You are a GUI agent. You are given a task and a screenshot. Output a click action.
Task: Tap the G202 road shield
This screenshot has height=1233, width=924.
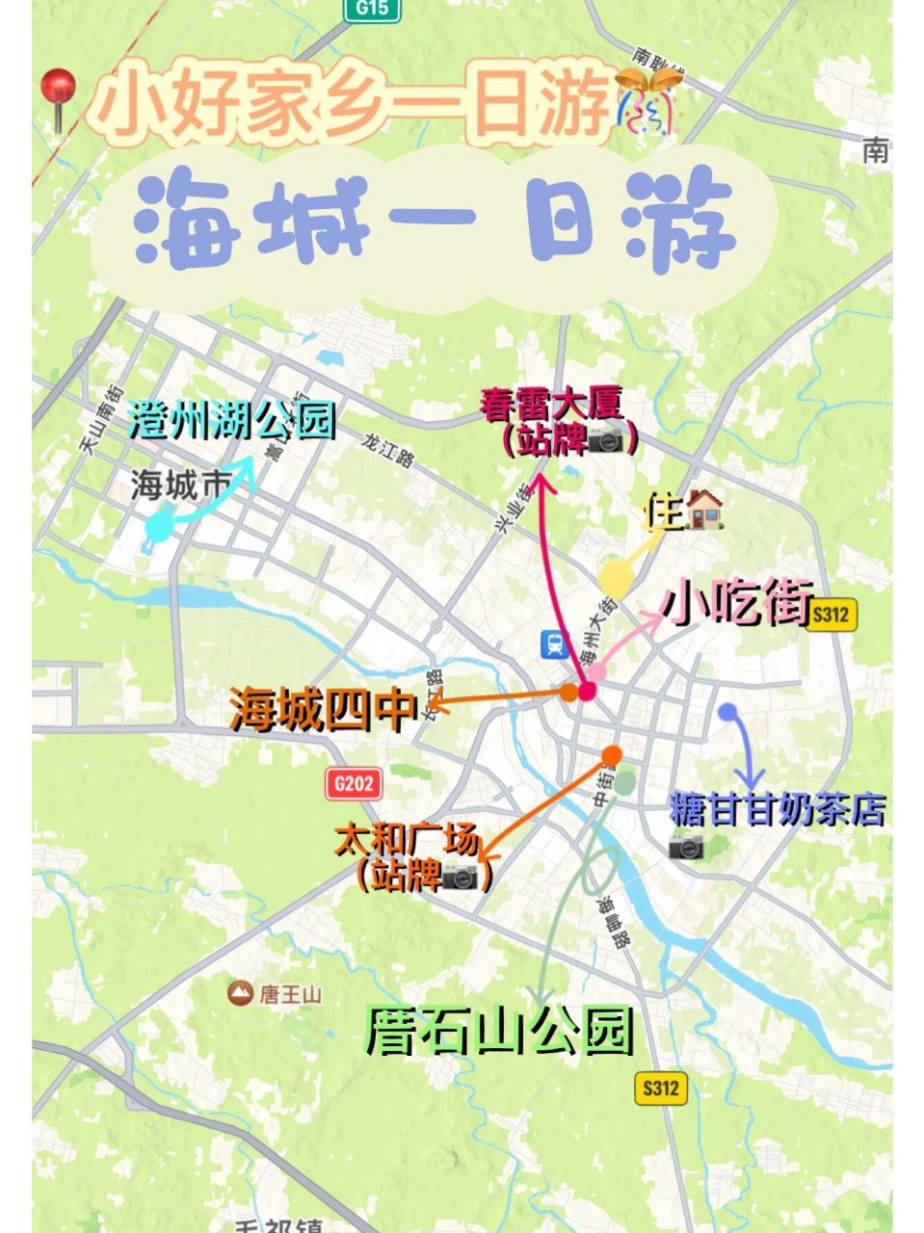353,783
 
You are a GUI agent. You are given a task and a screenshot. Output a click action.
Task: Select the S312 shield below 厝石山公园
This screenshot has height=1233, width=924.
662,1089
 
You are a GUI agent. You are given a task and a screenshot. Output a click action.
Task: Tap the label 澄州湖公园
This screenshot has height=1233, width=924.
232,421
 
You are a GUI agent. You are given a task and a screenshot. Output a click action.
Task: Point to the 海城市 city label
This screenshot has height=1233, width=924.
181,486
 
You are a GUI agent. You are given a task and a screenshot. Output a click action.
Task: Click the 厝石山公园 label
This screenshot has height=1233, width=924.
499,1031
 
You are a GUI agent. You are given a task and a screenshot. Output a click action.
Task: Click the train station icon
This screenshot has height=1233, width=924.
554,643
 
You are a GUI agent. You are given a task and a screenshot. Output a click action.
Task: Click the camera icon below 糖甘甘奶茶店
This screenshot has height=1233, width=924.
686,847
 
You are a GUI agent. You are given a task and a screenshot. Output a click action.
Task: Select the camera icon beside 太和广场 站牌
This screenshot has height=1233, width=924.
460,876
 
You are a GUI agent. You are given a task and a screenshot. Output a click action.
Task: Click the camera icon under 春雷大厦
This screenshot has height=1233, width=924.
607,441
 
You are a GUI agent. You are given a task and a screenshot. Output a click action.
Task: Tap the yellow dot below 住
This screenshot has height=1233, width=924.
615,577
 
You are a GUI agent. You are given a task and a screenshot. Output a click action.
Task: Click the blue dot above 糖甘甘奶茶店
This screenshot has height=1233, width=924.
727,712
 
